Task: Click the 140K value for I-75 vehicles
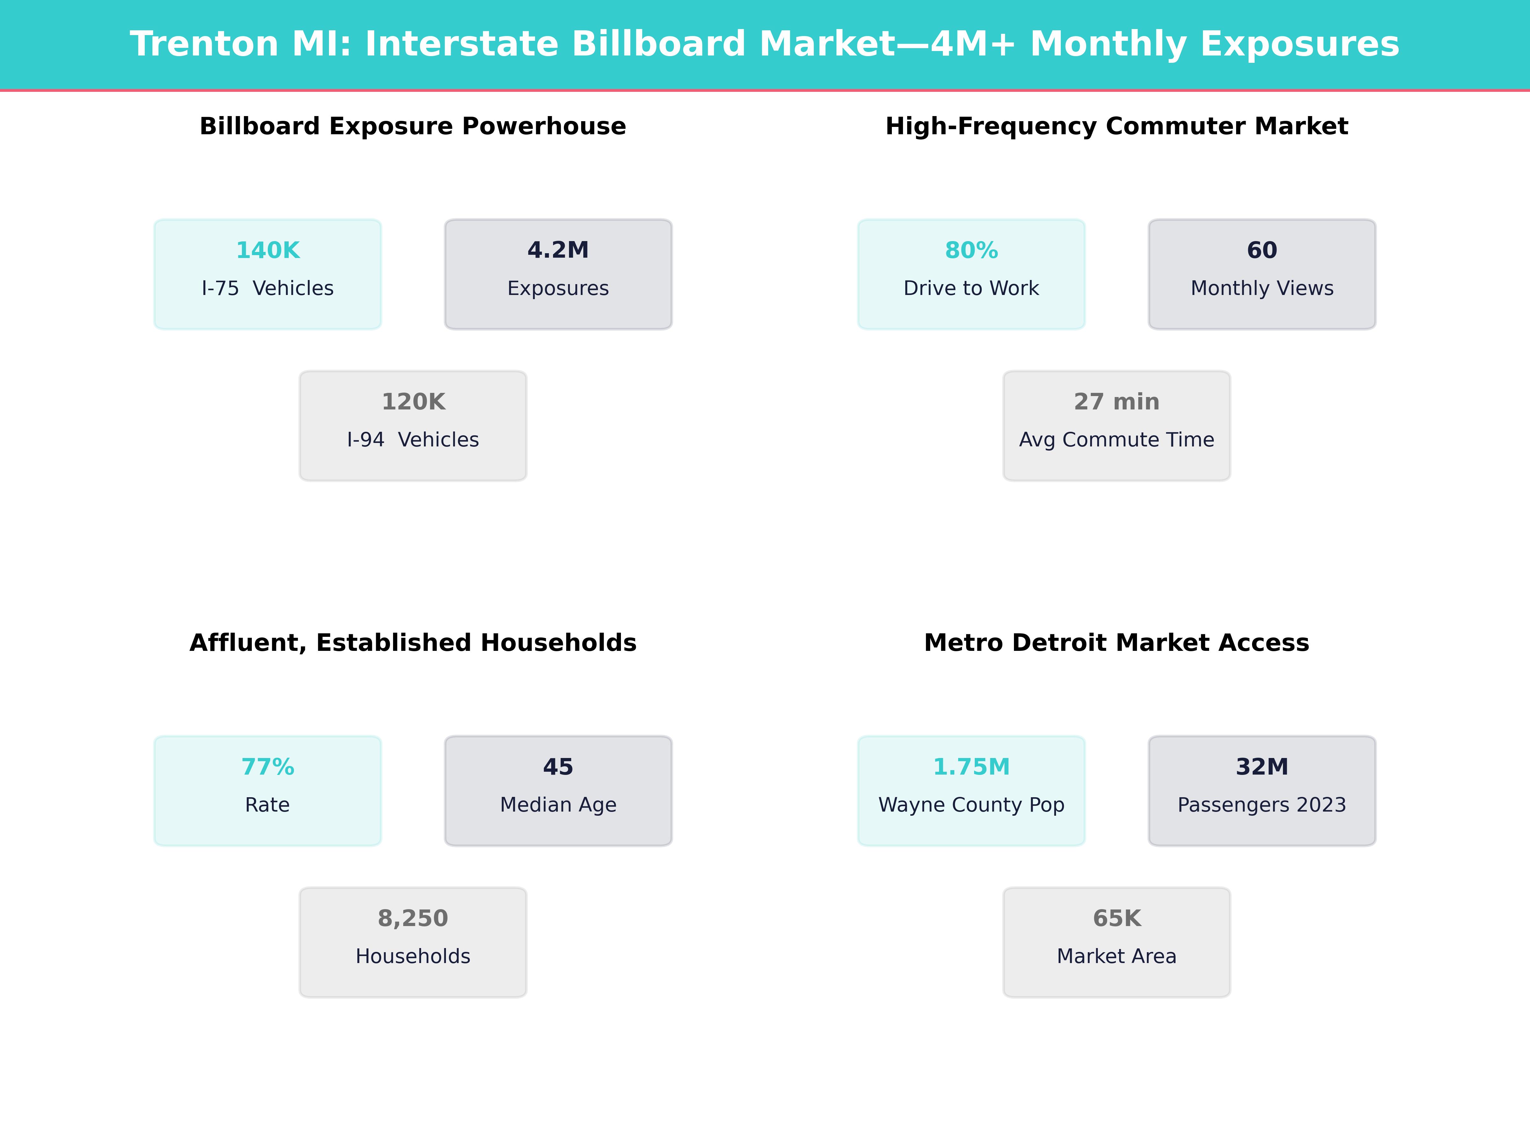[x=268, y=251]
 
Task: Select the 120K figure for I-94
[x=413, y=402]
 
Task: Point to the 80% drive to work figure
[x=971, y=251]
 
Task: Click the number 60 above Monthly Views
[x=1262, y=251]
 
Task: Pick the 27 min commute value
[x=1116, y=402]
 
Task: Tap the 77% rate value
[x=268, y=768]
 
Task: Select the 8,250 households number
[x=413, y=919]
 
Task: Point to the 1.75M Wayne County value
[x=971, y=768]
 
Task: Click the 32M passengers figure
[x=1262, y=768]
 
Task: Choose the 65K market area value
[x=1116, y=919]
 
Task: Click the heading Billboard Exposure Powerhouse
[x=413, y=127]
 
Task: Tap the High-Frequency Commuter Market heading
[x=1116, y=127]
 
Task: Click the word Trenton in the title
[x=204, y=44]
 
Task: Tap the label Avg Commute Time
[x=1116, y=440]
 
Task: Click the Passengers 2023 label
[x=1262, y=806]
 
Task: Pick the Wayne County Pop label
[x=971, y=806]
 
